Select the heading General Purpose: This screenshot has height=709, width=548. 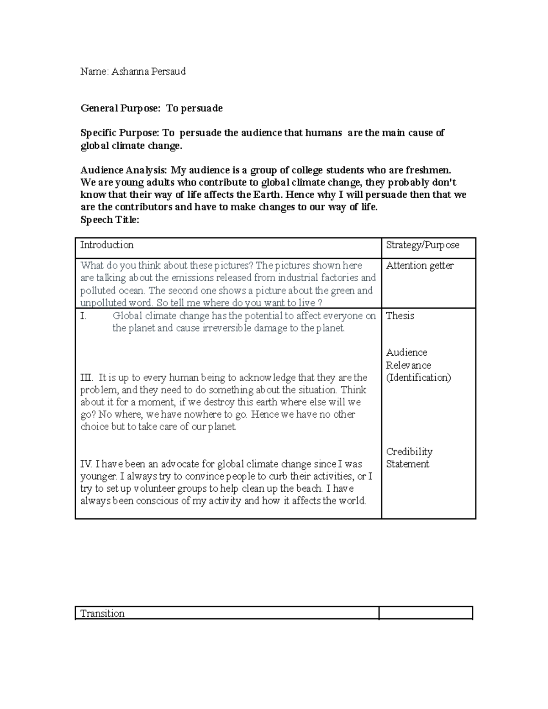121,108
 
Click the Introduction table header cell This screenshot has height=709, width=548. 107,245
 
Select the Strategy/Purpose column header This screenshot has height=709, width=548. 422,245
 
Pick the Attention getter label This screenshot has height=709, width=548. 420,266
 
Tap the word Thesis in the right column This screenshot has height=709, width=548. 400,316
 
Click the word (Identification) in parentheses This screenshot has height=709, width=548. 418,378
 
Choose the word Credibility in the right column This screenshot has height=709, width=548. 409,452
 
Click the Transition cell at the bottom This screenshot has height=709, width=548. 102,614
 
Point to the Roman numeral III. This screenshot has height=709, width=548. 86,378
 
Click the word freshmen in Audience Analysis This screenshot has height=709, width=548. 427,170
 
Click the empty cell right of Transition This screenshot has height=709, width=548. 425,613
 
